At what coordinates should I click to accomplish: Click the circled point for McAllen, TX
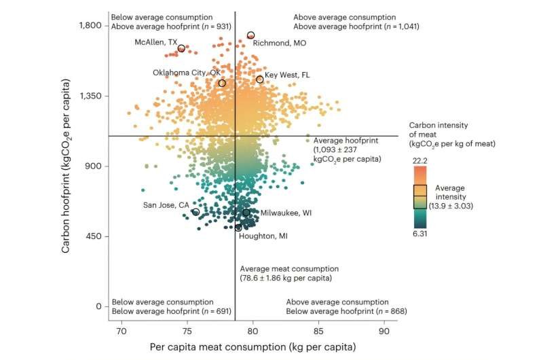[x=181, y=48]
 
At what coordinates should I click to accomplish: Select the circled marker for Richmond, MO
[x=251, y=35]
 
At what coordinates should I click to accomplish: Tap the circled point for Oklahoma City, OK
[x=222, y=84]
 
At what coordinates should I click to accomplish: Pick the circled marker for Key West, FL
[x=260, y=79]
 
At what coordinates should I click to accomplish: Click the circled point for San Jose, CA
[x=196, y=213]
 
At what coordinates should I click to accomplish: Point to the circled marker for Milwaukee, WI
[x=246, y=213]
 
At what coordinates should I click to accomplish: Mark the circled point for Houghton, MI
[x=238, y=228]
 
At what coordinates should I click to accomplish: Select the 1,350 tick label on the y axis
[x=89, y=96]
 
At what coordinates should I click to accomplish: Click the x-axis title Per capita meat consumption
[x=252, y=348]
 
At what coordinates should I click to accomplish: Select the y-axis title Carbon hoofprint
[x=67, y=166]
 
